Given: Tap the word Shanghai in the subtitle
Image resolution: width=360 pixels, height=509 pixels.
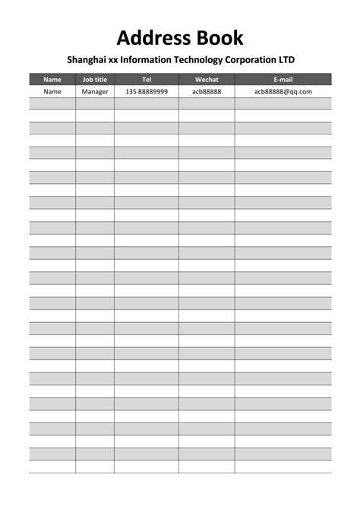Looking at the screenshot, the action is [x=87, y=59].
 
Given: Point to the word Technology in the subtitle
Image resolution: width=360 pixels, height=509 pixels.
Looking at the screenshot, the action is [x=206, y=59].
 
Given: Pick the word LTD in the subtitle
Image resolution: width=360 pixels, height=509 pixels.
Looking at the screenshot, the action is [x=286, y=59].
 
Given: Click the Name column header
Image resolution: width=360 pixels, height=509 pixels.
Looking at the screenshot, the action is [x=52, y=79].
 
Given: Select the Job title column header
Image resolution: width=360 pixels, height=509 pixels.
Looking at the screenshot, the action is [x=95, y=79].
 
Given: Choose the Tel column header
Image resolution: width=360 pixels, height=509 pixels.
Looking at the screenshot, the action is [x=147, y=79].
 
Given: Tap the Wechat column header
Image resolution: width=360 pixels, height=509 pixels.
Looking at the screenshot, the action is [x=207, y=79].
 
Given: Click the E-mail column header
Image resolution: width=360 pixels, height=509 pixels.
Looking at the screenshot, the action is [x=283, y=79].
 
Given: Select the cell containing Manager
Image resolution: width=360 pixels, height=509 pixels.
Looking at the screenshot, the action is [x=95, y=91].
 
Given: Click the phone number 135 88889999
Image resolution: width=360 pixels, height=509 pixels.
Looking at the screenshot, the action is [x=147, y=91].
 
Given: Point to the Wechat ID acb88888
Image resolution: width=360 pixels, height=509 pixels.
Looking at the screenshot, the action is [x=207, y=91].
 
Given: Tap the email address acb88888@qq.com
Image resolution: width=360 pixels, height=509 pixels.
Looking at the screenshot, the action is [x=283, y=91].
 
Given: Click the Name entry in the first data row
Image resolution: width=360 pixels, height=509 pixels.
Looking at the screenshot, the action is [x=52, y=91].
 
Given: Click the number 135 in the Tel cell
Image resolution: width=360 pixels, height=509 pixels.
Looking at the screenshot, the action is [x=131, y=91].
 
